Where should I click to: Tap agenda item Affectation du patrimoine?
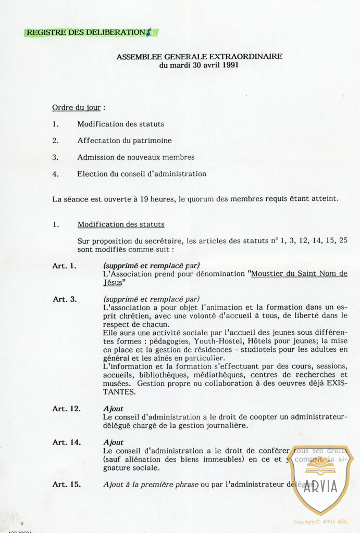pos(124,141)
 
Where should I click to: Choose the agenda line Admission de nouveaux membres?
pos(135,157)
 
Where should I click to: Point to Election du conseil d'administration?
pos(142,174)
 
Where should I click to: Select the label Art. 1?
pos(64,266)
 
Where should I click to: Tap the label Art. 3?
pos(65,299)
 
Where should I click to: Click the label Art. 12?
pos(66,409)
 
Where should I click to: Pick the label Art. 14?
pos(66,442)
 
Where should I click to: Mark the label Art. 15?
pos(66,485)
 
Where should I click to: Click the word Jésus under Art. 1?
pos(113,283)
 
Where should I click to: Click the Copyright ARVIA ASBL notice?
pos(320,522)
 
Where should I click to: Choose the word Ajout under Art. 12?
pos(113,409)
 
